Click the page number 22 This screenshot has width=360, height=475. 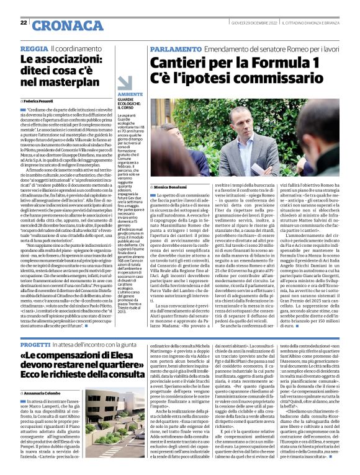(x=24, y=22)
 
